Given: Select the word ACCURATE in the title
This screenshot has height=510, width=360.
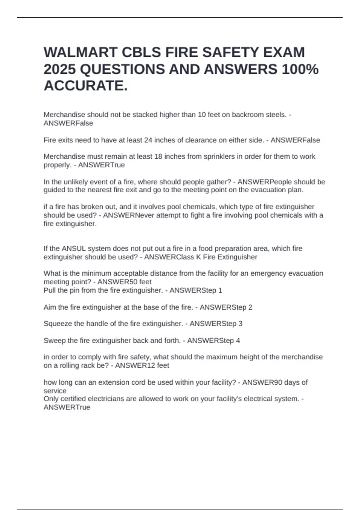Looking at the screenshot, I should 84,86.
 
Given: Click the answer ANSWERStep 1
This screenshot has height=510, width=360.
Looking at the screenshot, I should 196,290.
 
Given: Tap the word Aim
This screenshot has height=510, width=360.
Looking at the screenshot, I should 49,307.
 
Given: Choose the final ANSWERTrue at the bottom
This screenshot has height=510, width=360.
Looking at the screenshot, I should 67,407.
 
